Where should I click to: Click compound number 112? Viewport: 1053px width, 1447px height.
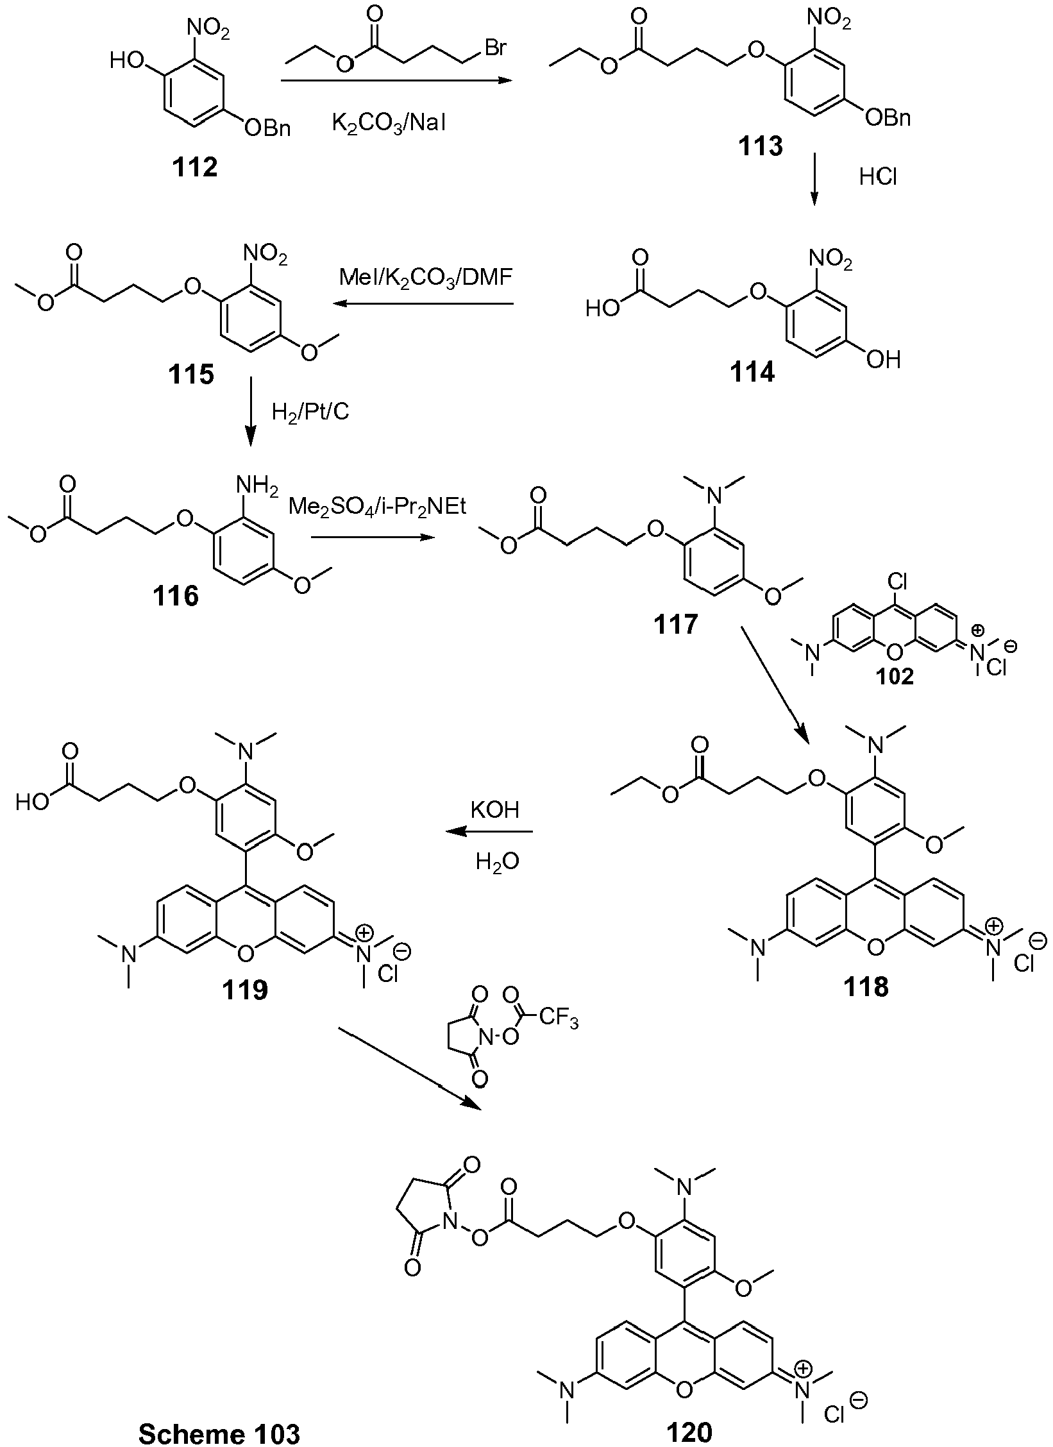coord(195,168)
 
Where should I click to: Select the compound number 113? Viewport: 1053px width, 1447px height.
coord(759,147)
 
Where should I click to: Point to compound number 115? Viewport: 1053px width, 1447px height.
coord(191,375)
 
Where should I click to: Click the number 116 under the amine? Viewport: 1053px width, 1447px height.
coord(176,597)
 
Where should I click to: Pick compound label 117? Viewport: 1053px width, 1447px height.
coord(675,623)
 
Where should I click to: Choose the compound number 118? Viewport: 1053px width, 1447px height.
coord(866,987)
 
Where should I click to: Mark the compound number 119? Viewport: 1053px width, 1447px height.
coord(245,990)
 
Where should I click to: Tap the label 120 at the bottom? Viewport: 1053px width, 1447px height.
coord(689,1432)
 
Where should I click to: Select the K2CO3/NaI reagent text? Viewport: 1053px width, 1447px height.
coord(389,123)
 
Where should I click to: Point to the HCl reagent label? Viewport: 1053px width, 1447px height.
coord(878,177)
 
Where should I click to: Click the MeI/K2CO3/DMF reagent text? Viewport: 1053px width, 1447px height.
coord(427,279)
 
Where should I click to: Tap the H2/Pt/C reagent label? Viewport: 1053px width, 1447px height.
coord(310,411)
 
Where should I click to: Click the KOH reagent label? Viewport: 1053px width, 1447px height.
coord(494,809)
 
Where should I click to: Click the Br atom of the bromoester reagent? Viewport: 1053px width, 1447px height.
coord(496,49)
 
